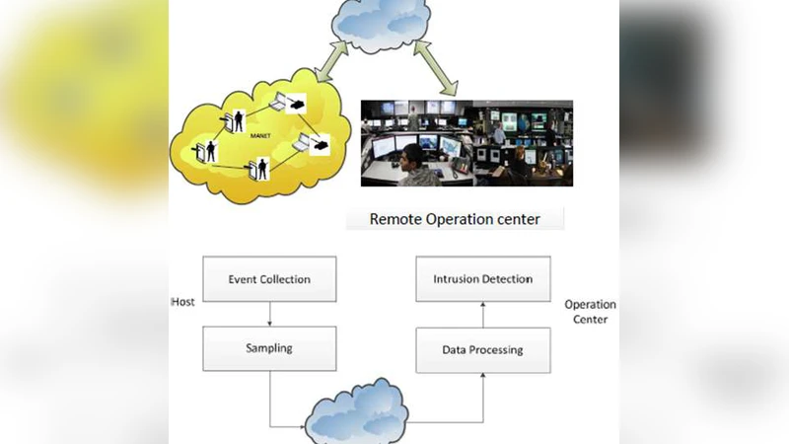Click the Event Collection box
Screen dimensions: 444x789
click(269, 279)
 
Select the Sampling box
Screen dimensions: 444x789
click(269, 349)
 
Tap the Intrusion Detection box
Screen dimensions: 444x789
click(482, 279)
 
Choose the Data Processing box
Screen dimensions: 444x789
click(482, 349)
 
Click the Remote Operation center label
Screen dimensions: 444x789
click(455, 219)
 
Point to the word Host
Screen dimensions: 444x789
click(182, 302)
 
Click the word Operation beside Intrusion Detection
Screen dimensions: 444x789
click(590, 305)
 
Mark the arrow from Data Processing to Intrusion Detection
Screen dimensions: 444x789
click(482, 314)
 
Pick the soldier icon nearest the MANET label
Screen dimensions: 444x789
click(240, 122)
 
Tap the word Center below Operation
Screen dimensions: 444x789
click(590, 320)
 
